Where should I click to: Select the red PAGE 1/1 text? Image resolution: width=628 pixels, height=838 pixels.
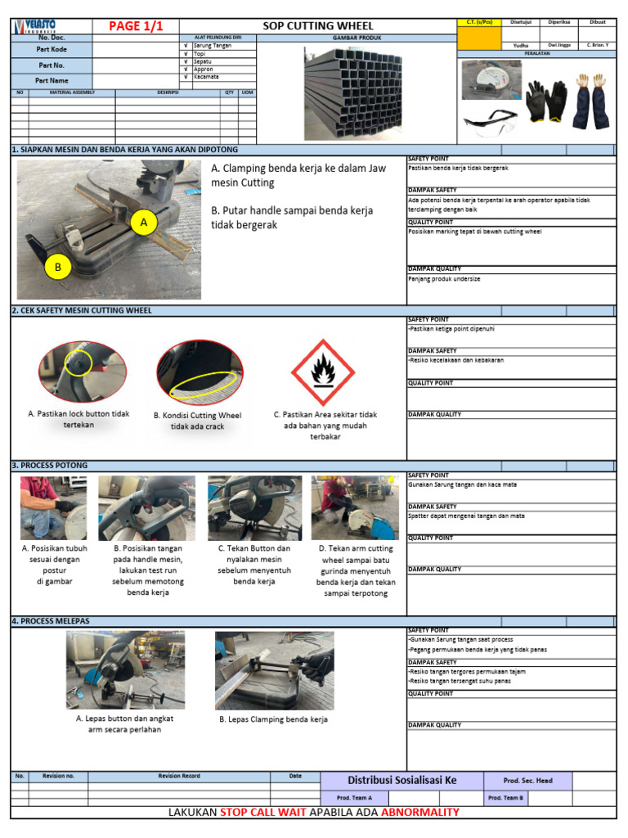pyautogui.click(x=136, y=26)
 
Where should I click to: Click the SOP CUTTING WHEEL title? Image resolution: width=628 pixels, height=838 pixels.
pyautogui.click(x=317, y=26)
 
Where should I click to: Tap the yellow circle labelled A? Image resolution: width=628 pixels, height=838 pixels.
pyautogui.click(x=144, y=222)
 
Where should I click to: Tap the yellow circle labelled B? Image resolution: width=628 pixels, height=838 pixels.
pyautogui.click(x=58, y=267)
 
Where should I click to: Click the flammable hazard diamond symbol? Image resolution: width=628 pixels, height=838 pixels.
pyautogui.click(x=323, y=372)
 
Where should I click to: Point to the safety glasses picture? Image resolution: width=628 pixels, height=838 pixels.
pyautogui.click(x=491, y=123)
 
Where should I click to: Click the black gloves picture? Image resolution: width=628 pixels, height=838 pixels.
pyautogui.click(x=545, y=101)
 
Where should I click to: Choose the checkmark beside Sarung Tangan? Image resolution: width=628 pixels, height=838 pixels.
pyautogui.click(x=186, y=46)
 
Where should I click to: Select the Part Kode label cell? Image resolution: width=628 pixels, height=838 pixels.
pyautogui.click(x=52, y=49)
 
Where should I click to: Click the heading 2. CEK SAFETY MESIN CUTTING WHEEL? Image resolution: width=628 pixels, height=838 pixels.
pyautogui.click(x=82, y=311)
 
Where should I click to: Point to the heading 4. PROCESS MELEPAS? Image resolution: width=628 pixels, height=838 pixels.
pyautogui.click(x=51, y=621)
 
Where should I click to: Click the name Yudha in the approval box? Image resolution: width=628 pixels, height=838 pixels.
pyautogui.click(x=521, y=46)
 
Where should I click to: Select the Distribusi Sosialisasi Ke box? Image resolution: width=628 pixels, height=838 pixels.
pyautogui.click(x=402, y=781)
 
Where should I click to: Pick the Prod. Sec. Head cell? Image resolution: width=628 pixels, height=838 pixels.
pyautogui.click(x=528, y=781)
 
